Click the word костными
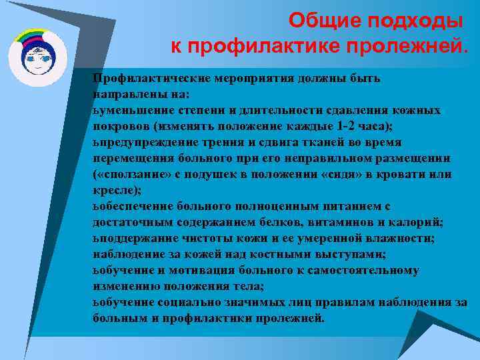tap(261, 254)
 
